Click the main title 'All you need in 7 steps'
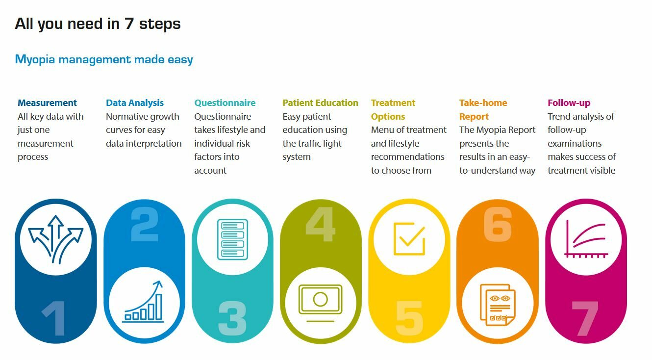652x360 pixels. click(x=98, y=24)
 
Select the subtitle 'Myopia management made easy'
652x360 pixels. click(x=104, y=59)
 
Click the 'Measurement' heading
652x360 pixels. click(x=47, y=103)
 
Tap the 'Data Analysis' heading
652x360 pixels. click(x=135, y=103)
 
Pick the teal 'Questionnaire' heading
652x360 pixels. click(x=225, y=103)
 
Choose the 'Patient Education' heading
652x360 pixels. click(x=321, y=103)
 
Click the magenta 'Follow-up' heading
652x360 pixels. click(x=569, y=103)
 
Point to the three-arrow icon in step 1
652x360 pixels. click(x=55, y=239)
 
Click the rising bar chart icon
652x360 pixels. click(x=143, y=302)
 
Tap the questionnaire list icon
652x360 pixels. click(x=232, y=239)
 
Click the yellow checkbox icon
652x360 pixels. click(x=409, y=239)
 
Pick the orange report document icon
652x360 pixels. click(x=498, y=305)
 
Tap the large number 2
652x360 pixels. click(x=145, y=224)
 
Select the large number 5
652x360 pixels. click(x=409, y=318)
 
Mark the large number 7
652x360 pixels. click(x=585, y=318)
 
